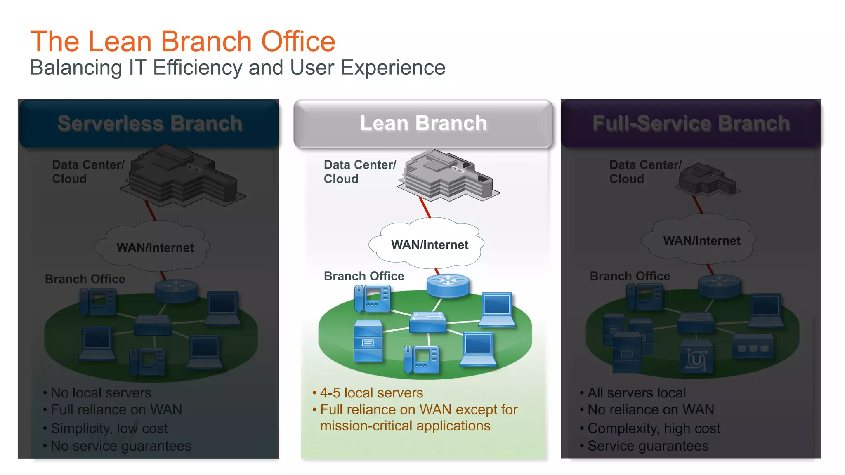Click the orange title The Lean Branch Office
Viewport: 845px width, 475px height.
(183, 41)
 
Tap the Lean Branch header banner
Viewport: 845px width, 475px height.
(423, 123)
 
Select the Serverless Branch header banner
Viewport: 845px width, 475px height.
(149, 123)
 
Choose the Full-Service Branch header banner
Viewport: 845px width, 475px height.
(691, 123)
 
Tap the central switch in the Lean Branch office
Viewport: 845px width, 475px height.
(428, 322)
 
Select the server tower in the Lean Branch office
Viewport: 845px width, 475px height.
(368, 341)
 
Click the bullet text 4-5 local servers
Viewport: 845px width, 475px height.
(371, 393)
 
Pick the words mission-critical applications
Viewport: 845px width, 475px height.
(405, 426)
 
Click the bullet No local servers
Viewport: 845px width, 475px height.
(101, 393)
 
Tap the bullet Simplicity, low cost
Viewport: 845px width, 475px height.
(109, 428)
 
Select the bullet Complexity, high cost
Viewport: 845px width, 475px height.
(654, 428)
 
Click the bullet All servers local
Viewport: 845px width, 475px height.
(636, 393)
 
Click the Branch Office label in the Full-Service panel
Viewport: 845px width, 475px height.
(630, 276)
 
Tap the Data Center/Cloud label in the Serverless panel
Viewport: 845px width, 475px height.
(87, 172)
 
